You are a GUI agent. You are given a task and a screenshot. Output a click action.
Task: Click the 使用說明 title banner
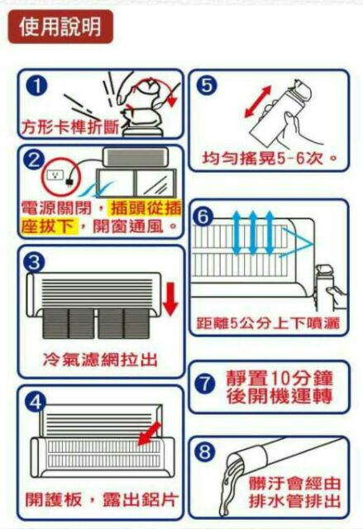60,26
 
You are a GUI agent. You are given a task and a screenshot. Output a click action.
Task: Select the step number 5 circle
207,86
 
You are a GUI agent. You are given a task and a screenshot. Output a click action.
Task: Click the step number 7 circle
205,384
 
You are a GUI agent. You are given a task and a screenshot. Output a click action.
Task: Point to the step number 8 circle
205,451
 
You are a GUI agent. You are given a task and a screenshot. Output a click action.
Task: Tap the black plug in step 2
69,181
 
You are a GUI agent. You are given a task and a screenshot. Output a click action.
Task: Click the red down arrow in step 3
170,299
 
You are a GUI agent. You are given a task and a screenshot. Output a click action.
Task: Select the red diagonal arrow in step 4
149,433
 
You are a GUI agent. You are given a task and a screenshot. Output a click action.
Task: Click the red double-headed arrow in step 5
258,101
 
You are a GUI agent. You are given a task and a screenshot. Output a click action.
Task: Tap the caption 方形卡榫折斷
69,127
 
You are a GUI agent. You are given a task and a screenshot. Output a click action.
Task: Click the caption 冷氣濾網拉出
101,360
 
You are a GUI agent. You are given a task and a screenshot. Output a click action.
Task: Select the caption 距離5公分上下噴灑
268,323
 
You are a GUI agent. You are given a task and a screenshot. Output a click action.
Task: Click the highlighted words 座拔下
47,226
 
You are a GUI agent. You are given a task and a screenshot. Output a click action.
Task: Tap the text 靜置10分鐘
279,378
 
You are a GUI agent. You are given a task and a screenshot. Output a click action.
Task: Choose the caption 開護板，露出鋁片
101,499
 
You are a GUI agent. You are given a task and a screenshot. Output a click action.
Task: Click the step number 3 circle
35,262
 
